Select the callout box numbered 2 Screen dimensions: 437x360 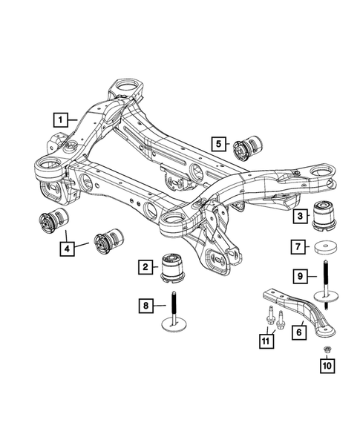(x=146, y=266)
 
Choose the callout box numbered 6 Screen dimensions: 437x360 (x=300, y=333)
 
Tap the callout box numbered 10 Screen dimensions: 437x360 (x=327, y=364)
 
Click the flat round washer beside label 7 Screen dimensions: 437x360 (x=323, y=247)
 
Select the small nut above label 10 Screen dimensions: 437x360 (x=327, y=349)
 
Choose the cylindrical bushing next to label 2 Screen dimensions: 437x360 (x=175, y=266)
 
